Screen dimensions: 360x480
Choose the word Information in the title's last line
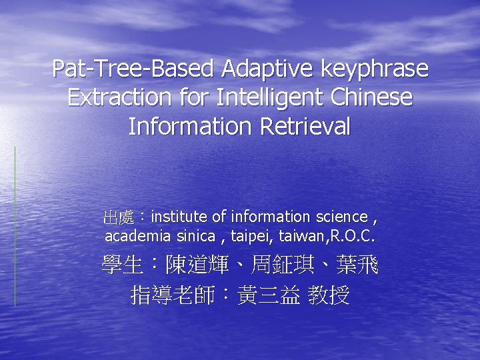pos(194,125)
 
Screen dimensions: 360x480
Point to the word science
pos(341,217)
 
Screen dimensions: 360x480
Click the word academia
pos(135,236)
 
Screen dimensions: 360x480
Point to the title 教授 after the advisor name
pos(329,295)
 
